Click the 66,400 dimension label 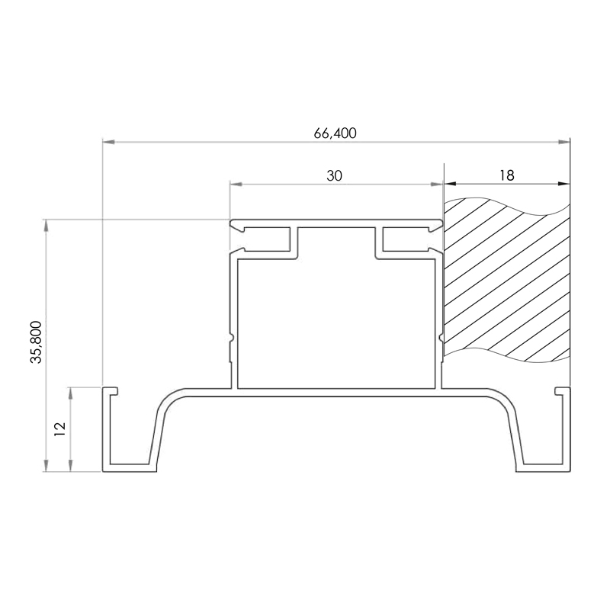335,133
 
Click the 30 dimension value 334,176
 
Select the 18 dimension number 507,175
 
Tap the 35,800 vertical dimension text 36,342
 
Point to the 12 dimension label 60,429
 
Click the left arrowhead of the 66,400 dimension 108,142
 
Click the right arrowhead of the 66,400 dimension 563,142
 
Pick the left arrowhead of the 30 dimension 236,184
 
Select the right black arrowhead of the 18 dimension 563,184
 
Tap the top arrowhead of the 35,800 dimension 47,226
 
